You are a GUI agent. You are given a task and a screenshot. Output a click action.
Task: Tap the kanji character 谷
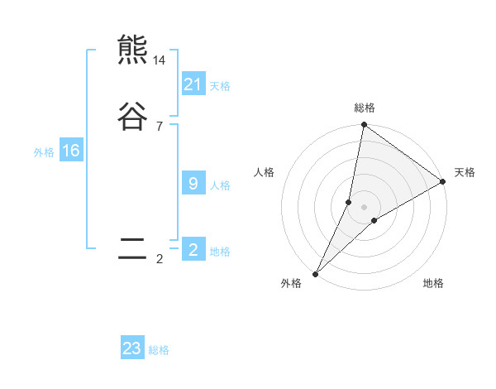point(132,117)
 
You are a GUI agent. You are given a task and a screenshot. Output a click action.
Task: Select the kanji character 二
point(132,249)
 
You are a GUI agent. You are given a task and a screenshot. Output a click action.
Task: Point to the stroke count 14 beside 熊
point(160,60)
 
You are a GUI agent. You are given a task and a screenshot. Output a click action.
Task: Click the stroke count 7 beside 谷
point(160,127)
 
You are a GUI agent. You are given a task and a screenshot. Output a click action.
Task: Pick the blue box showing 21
point(193,84)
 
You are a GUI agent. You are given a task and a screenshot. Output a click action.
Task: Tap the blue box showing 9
point(193,184)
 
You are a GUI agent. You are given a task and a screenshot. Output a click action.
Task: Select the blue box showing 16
point(70,151)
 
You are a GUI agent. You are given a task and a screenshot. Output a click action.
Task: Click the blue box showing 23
point(132,348)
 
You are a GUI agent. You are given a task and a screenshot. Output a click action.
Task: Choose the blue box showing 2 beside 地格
point(193,250)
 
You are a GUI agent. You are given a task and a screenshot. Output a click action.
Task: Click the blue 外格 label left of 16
point(44,151)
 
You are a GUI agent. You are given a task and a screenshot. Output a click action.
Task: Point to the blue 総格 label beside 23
point(159,350)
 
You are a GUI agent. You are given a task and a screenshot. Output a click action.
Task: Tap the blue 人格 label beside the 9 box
point(220,185)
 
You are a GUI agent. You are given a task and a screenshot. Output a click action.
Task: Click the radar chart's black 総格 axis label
point(365,108)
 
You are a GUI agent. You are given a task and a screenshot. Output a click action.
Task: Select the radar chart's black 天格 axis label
point(465,172)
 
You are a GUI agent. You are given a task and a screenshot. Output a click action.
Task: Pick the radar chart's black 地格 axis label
point(433,283)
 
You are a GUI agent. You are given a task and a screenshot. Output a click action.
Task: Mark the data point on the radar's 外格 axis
point(315,274)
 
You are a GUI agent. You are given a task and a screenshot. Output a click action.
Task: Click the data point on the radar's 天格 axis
point(443,181)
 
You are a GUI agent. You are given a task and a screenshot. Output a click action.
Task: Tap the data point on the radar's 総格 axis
point(364,125)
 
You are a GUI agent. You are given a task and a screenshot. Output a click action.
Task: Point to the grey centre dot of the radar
point(364,207)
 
